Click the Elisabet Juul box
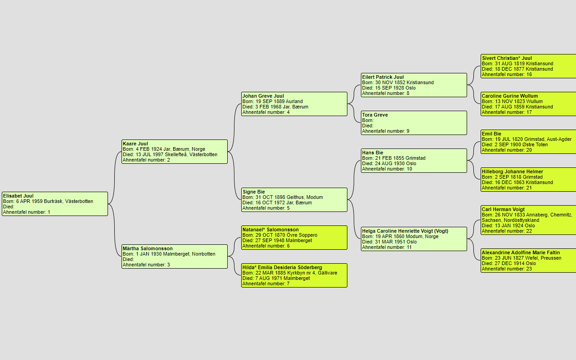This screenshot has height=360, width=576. (55, 204)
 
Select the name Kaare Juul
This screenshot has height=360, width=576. (135, 144)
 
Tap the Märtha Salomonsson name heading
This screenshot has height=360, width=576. (148, 249)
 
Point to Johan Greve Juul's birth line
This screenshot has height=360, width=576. (272, 102)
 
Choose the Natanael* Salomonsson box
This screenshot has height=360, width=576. (294, 238)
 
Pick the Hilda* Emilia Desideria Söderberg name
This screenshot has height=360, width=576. (282, 268)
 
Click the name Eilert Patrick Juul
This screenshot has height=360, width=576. (383, 77)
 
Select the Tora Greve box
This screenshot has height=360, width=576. (414, 123)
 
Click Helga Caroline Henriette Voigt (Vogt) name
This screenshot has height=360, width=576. (405, 231)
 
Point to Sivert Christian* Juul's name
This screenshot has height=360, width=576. (507, 58)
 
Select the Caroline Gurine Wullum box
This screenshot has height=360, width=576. (528, 104)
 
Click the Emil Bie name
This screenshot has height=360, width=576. (491, 134)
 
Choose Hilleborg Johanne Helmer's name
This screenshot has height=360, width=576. (512, 172)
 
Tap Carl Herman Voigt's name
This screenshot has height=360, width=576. (503, 210)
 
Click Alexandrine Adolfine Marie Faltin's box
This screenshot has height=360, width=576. (528, 261)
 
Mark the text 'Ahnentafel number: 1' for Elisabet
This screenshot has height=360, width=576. (27, 212)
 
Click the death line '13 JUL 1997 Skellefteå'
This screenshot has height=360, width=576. (170, 155)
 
